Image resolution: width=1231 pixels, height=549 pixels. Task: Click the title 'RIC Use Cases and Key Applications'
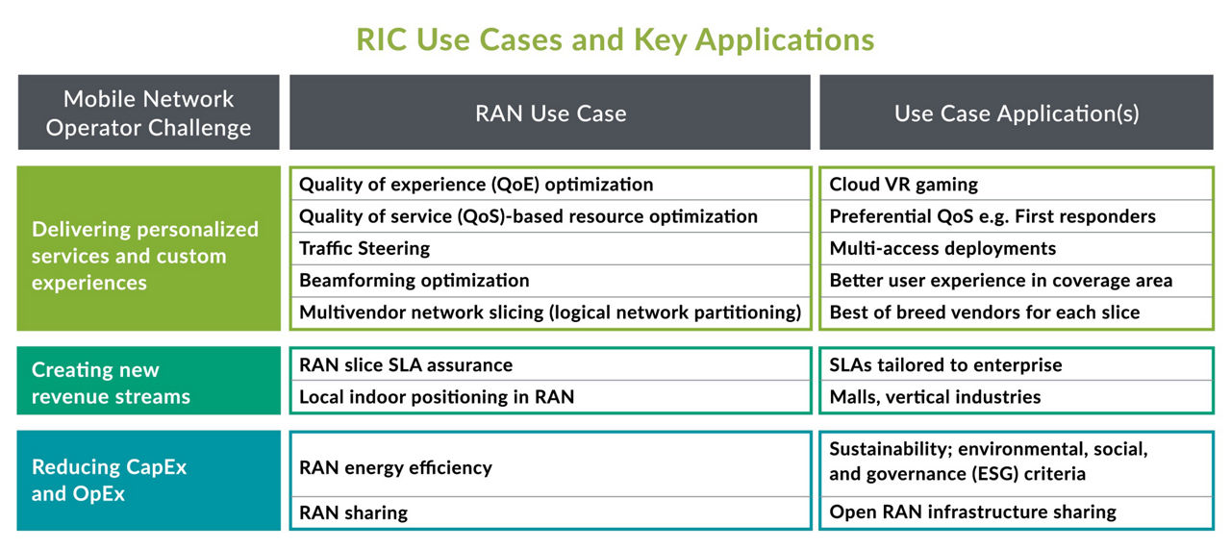[x=615, y=38]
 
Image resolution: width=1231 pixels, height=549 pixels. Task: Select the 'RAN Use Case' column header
[x=550, y=113]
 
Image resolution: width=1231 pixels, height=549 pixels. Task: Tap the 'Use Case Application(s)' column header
[x=1017, y=113]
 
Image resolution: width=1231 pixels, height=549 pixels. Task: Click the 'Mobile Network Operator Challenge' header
[x=148, y=113]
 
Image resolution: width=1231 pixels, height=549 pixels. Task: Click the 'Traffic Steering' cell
[x=364, y=248]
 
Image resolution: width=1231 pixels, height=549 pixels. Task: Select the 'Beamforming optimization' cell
[x=415, y=281]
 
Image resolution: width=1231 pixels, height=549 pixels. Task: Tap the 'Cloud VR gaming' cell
[x=903, y=185]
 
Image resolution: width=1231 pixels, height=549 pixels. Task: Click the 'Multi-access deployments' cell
[x=942, y=248]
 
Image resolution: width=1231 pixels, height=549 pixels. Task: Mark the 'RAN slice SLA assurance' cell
[x=406, y=364]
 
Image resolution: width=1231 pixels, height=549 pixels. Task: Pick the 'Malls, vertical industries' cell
[x=935, y=396]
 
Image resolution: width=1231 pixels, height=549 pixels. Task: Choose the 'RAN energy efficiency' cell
[x=395, y=467]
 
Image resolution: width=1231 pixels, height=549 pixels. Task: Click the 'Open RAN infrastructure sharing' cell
[x=972, y=512]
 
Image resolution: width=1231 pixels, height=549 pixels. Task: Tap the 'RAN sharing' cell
[x=353, y=512]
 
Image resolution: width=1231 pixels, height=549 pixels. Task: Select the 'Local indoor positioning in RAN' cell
[x=437, y=396]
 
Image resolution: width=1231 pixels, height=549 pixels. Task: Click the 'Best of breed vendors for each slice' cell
[x=984, y=312]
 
